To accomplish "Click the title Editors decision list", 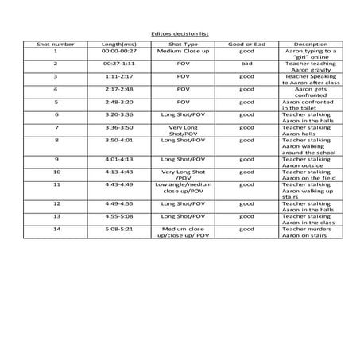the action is click(180, 34).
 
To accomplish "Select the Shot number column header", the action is click(56, 44).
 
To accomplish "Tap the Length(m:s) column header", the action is click(118, 44).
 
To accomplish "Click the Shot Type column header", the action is click(183, 44).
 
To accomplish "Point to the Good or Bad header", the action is click(247, 44).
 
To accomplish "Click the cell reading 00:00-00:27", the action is click(118, 51).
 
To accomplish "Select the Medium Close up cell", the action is click(183, 51).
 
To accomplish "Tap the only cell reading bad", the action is click(247, 63).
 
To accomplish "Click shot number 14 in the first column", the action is click(56, 229).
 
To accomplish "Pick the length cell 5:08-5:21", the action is click(118, 229).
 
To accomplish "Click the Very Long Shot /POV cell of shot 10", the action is click(183, 174).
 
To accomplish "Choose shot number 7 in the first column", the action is click(56, 126).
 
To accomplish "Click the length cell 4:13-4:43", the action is click(118, 171).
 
